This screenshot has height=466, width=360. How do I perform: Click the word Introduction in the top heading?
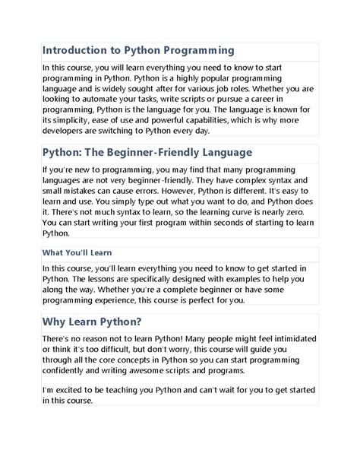coord(72,51)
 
